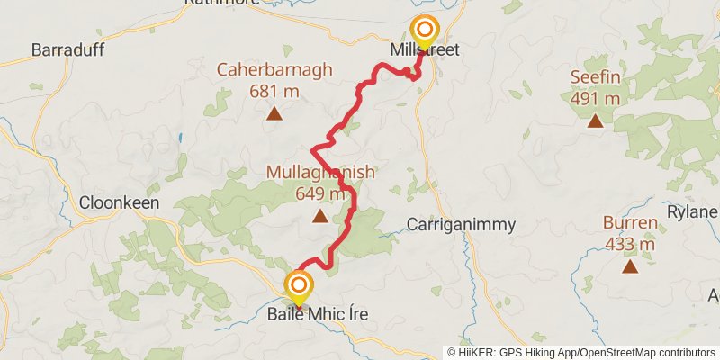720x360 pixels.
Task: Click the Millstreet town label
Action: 426,50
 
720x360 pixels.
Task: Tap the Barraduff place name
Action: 66,49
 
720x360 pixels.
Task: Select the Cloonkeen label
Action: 120,202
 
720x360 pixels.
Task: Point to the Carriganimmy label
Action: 454,224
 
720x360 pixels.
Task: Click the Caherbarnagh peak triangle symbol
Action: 274,113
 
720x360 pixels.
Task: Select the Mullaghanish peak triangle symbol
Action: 319,216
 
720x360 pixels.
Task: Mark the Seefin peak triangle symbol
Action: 595,120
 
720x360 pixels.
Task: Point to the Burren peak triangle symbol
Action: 630,265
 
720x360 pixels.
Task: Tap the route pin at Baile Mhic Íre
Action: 298,287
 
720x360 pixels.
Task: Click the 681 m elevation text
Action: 274,90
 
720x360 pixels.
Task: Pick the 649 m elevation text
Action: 319,193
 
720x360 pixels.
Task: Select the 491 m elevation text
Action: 595,98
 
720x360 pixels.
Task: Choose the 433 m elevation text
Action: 630,243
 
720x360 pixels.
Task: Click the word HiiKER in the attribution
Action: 477,352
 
